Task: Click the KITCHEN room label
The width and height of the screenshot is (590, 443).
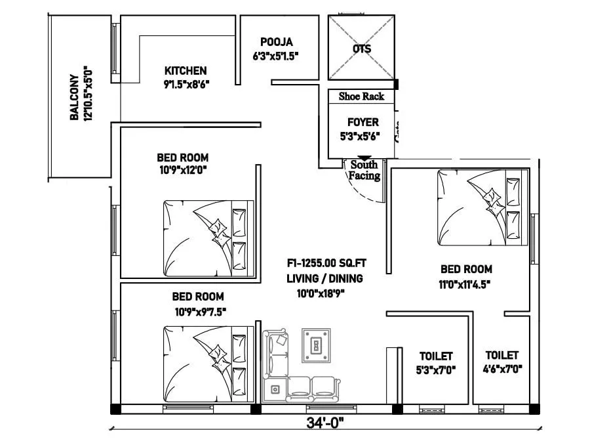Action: (186, 70)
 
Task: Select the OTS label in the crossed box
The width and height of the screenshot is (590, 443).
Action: (361, 49)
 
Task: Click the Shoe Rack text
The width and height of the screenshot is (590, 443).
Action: (361, 96)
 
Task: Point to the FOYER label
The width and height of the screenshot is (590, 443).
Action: (363, 122)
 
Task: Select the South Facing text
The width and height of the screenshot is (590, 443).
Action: (364, 171)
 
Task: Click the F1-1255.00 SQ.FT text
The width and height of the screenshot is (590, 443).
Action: (326, 264)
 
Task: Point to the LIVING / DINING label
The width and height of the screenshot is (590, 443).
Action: (324, 278)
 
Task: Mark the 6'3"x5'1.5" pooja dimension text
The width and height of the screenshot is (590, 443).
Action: (276, 56)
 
